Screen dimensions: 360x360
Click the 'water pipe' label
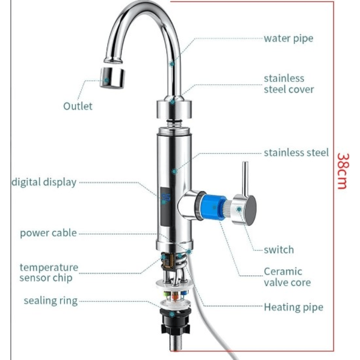288,38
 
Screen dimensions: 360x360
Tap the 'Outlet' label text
77,106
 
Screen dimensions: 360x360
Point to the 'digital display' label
44,182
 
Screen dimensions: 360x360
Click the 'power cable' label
48,233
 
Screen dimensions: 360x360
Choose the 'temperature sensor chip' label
49,273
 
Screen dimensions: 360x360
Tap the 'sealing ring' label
50,301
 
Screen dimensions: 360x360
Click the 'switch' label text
279,250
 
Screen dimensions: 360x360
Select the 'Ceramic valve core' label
287,277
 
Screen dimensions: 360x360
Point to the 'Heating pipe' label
293,307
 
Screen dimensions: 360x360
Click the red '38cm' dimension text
342,171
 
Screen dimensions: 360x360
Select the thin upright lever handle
245,178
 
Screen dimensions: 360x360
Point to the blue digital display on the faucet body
165,198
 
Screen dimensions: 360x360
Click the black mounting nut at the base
174,322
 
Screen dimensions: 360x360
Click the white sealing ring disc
174,284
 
